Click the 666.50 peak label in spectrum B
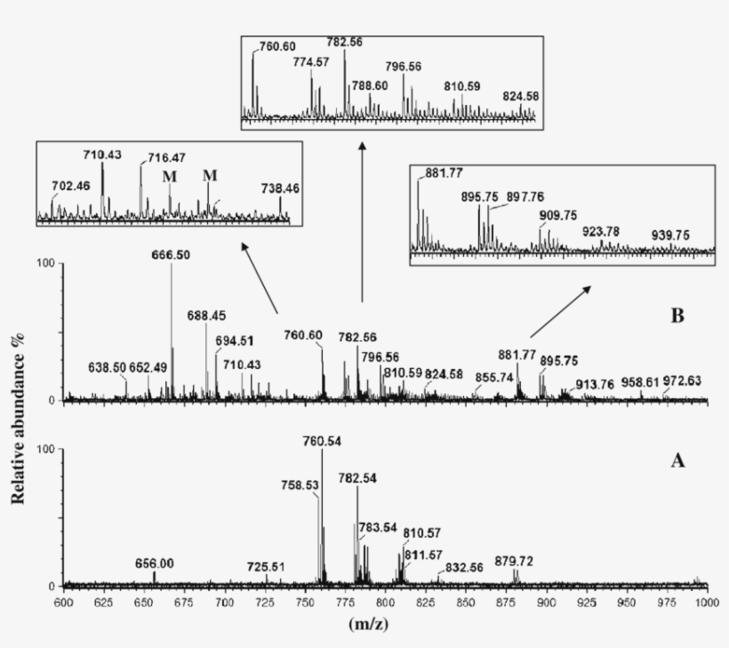coord(172,254)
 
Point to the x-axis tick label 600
coord(64,602)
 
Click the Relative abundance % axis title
coord(18,427)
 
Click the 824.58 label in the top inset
coord(521,96)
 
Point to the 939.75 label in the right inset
coord(671,235)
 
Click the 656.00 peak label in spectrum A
coord(154,563)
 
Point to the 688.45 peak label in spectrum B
coord(206,316)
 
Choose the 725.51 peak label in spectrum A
coord(266,566)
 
